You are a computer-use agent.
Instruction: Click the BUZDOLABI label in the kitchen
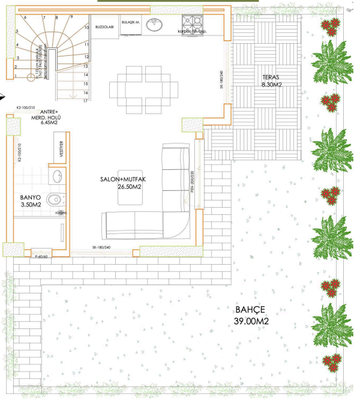[x=104, y=27]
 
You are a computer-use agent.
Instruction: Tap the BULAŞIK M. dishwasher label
[x=130, y=22]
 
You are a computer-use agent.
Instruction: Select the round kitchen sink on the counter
[x=157, y=25]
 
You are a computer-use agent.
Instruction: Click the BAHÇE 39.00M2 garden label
[x=250, y=316]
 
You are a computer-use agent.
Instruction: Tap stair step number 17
[x=86, y=101]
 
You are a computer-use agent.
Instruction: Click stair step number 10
[x=86, y=28]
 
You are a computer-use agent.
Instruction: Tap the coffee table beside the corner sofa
[x=130, y=197]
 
